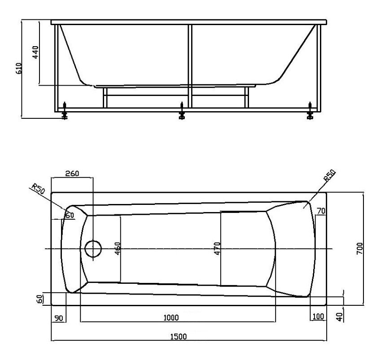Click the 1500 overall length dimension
coord(179,336)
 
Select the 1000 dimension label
coord(171,318)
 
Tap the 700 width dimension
coord(359,248)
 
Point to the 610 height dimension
coord(19,69)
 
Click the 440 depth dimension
coord(35,52)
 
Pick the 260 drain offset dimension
coord(72,173)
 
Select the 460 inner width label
coord(118,248)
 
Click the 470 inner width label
coord(217,248)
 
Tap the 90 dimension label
coord(59,318)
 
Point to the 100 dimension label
coord(319,317)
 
